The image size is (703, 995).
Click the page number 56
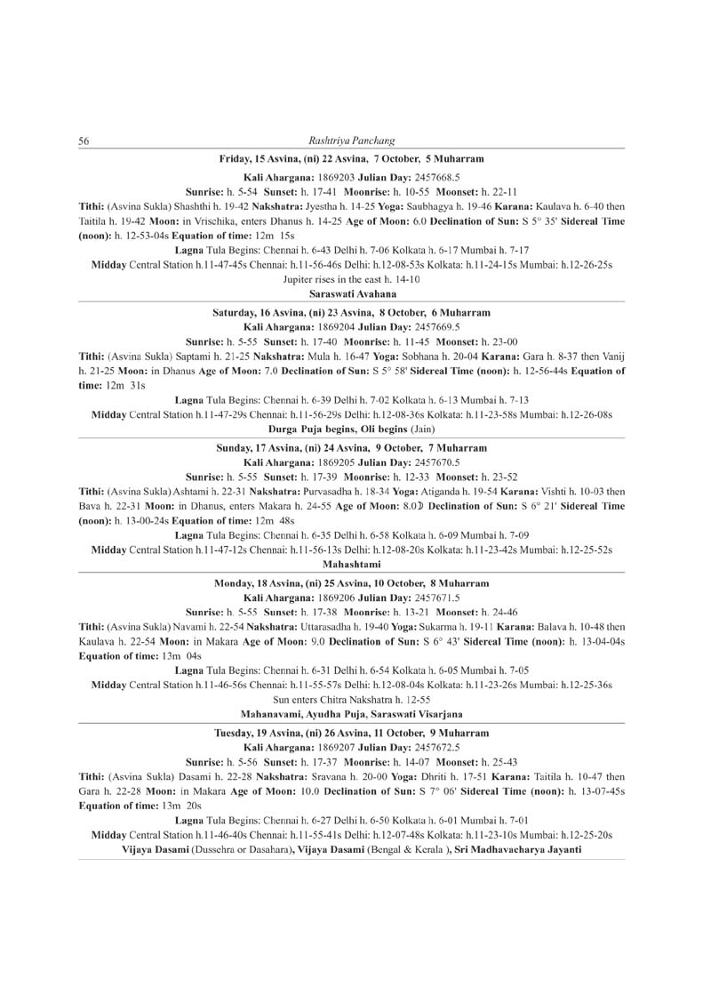[84, 140]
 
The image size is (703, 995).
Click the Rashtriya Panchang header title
[351, 140]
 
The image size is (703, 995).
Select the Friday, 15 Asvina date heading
[351, 158]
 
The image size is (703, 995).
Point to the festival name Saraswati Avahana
[351, 293]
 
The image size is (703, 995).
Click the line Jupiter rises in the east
[351, 279]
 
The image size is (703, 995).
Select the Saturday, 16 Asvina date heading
[351, 313]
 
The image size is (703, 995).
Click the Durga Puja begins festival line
[351, 429]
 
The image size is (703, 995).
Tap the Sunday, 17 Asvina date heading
[351, 448]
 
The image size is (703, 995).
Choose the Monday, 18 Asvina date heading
[351, 583]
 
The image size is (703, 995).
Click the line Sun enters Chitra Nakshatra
[351, 699]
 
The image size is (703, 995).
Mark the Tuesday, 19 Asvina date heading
[351, 733]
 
